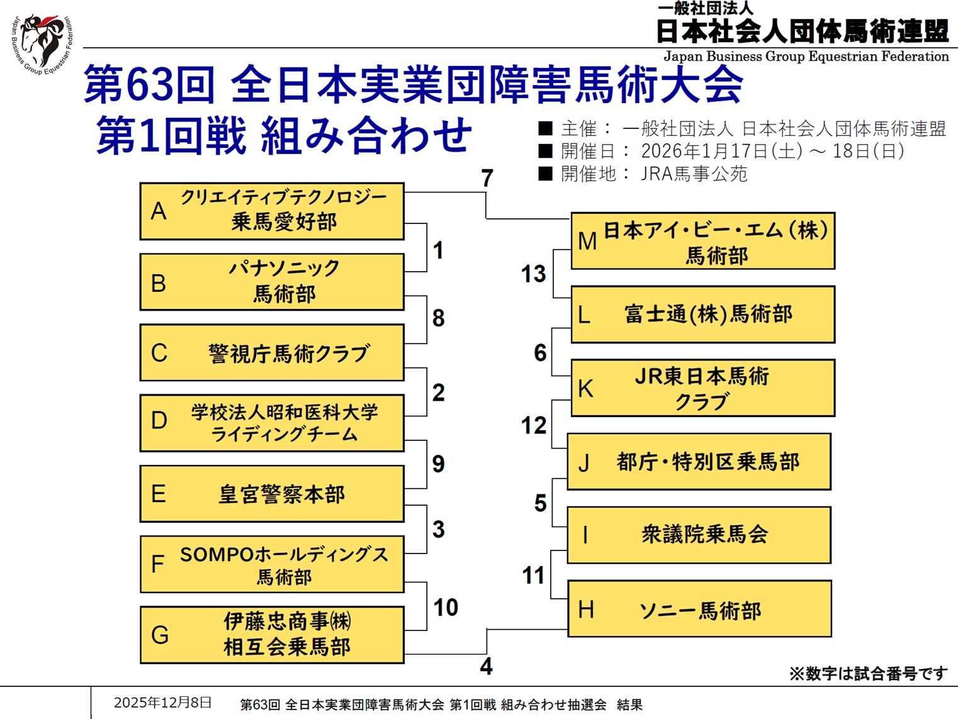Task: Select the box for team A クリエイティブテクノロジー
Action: click(271, 211)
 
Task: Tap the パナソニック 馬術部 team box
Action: click(271, 282)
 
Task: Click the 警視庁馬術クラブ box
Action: click(271, 353)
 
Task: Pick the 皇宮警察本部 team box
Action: click(271, 494)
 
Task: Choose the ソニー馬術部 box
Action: click(699, 610)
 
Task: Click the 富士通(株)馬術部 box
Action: click(702, 314)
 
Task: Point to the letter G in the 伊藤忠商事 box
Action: click(160, 635)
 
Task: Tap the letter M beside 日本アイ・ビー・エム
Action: click(587, 241)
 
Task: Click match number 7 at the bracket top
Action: click(487, 178)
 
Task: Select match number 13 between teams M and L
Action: click(533, 274)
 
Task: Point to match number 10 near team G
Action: click(446, 607)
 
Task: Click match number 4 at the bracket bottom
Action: click(486, 666)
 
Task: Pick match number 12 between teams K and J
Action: click(534, 425)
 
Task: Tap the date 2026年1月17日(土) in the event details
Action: click(721, 151)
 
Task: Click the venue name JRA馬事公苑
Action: click(694, 174)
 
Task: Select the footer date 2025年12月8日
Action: click(162, 703)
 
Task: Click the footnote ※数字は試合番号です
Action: click(868, 674)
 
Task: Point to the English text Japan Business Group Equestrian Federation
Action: click(806, 57)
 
